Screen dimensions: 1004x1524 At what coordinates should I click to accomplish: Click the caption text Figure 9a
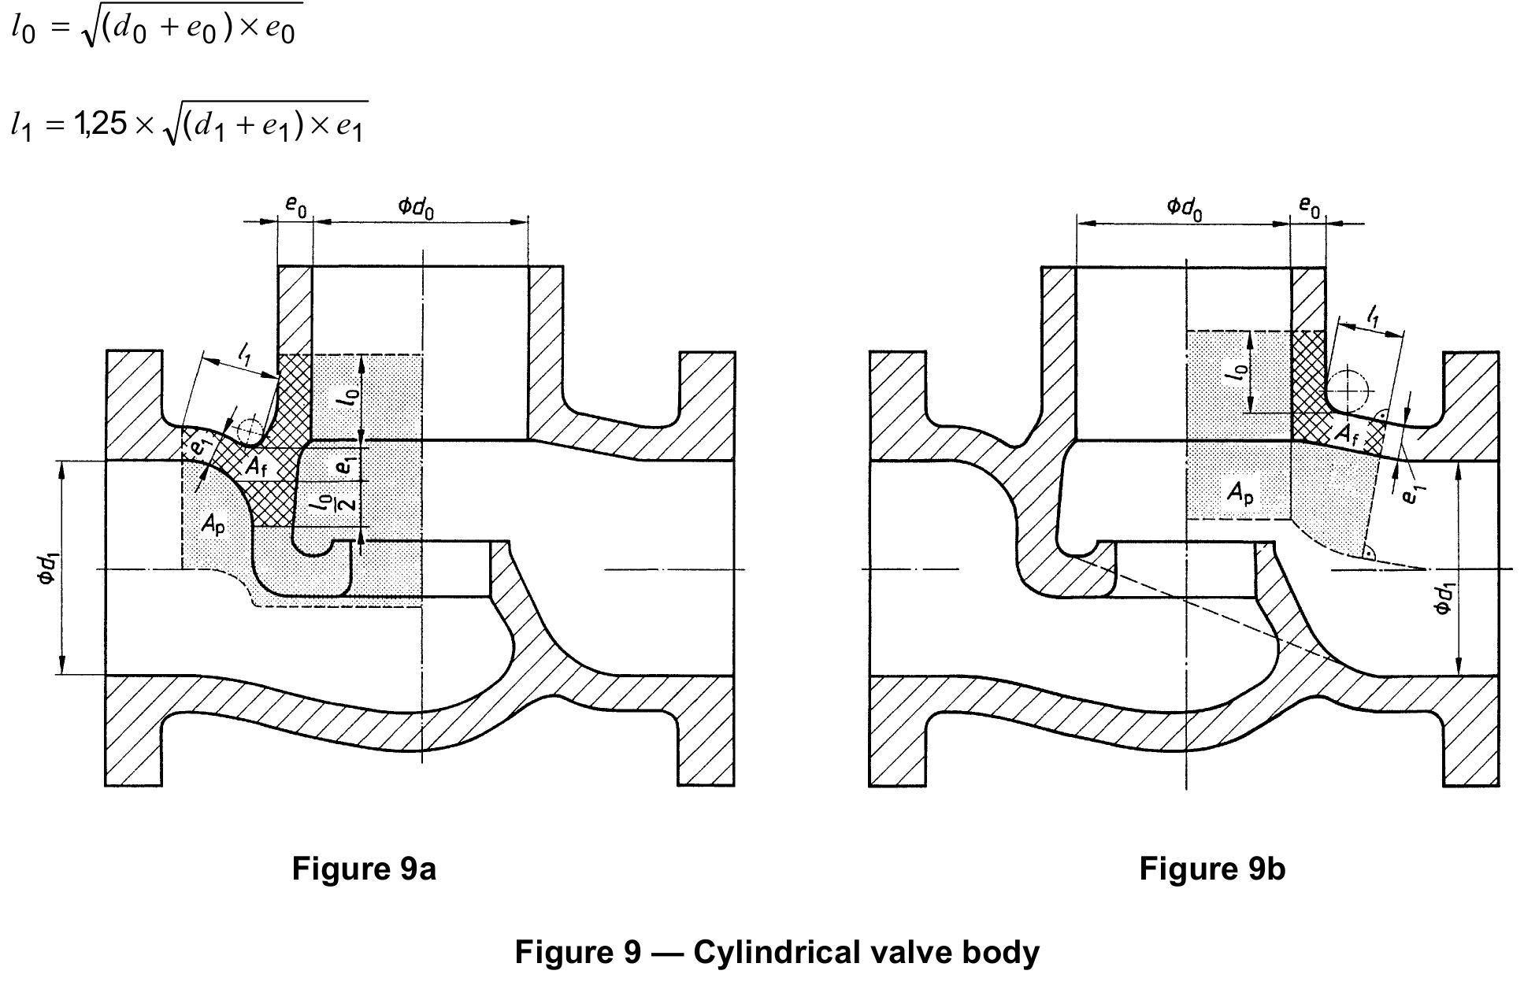363,869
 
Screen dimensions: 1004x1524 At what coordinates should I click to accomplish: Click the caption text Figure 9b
1211,869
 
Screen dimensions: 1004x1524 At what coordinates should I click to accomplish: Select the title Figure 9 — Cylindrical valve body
777,952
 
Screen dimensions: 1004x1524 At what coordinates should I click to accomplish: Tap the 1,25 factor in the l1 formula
99,124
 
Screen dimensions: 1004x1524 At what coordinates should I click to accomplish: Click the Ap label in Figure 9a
213,523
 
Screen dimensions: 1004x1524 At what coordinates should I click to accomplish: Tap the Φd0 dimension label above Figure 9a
416,207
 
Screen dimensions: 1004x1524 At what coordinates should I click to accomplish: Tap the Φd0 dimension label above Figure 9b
1184,208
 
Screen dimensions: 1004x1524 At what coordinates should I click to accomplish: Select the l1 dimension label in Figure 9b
1372,317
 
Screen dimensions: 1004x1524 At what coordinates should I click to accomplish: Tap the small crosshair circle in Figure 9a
250,431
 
